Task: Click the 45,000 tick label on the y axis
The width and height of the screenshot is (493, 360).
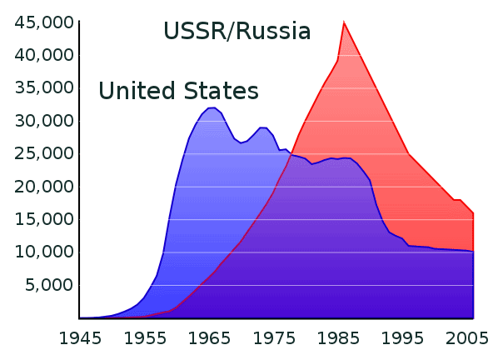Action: pyautogui.click(x=44, y=22)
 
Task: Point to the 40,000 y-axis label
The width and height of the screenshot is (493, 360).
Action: pyautogui.click(x=44, y=55)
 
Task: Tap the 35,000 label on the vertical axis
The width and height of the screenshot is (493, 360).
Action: pyautogui.click(x=44, y=87)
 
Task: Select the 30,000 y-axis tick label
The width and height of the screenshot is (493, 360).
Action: pyautogui.click(x=44, y=121)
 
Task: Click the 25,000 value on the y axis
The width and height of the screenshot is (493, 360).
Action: pyautogui.click(x=44, y=153)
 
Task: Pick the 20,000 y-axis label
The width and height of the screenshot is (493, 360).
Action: pyautogui.click(x=44, y=187)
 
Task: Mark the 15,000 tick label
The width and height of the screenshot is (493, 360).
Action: pyautogui.click(x=44, y=219)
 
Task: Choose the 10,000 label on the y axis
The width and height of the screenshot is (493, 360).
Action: pyautogui.click(x=44, y=252)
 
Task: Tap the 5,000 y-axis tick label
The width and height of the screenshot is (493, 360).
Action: pyautogui.click(x=49, y=285)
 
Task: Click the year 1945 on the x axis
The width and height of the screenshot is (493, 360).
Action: pyautogui.click(x=81, y=338)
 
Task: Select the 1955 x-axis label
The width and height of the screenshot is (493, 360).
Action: pyautogui.click(x=145, y=338)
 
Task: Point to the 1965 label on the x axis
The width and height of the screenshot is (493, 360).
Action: pyautogui.click(x=209, y=338)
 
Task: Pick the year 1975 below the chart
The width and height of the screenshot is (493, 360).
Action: pyautogui.click(x=274, y=338)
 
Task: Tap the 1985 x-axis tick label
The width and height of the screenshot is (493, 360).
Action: pyautogui.click(x=338, y=338)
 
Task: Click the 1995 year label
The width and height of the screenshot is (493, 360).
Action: pyautogui.click(x=403, y=338)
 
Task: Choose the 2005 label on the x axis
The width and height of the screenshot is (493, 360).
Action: pyautogui.click(x=467, y=338)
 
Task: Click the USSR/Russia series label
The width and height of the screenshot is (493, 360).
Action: pyautogui.click(x=237, y=31)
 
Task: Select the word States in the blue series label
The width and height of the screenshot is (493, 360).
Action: pyautogui.click(x=221, y=91)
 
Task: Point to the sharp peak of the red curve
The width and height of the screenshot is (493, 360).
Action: pyautogui.click(x=344, y=22)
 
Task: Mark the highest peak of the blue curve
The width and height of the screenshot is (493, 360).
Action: pyautogui.click(x=212, y=107)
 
